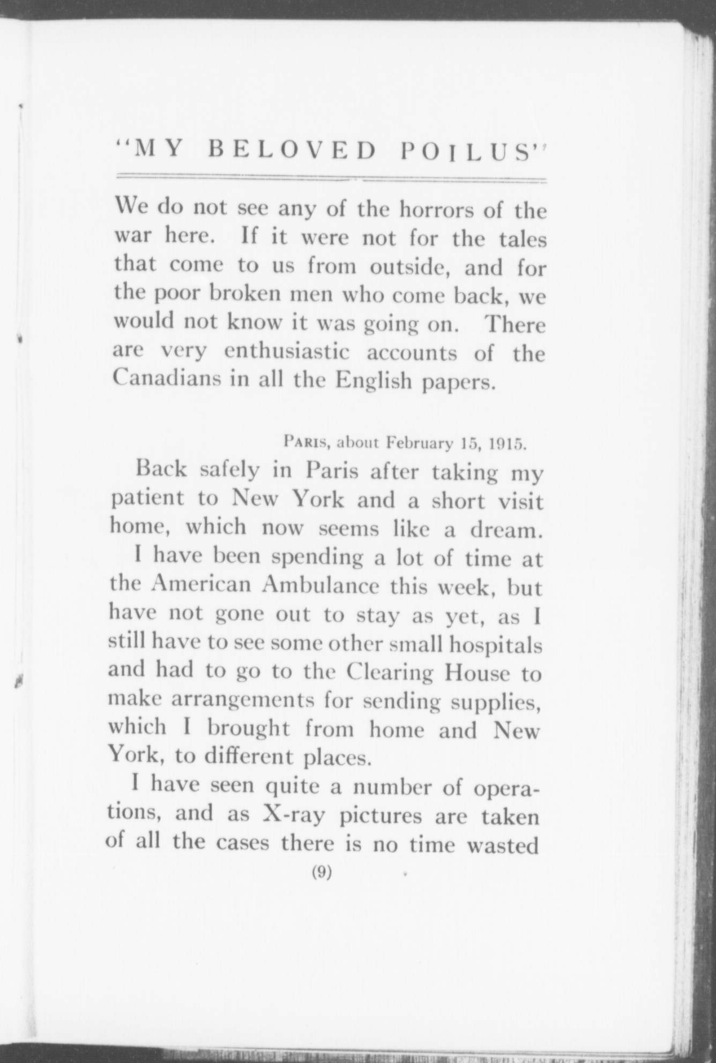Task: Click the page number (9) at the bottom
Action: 322,872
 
